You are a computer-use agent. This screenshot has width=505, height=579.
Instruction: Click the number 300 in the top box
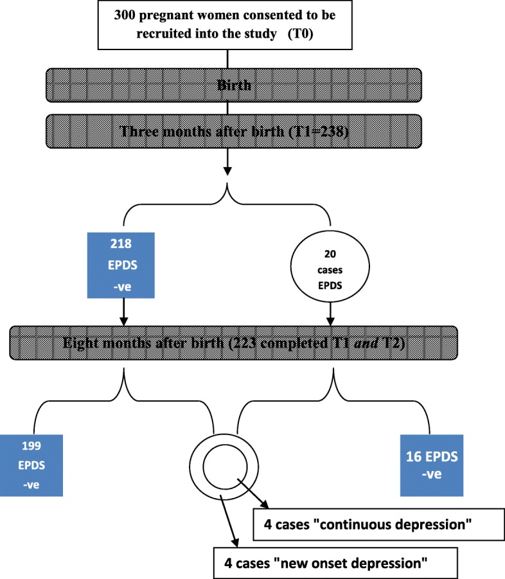(x=118, y=15)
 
